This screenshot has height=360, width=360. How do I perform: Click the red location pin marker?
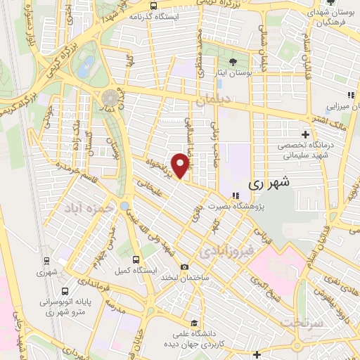[x=181, y=165]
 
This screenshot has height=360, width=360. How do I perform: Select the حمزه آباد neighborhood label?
[x=84, y=209]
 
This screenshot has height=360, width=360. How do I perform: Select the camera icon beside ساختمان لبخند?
[x=184, y=267]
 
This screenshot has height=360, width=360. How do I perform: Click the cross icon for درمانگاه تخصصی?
[x=304, y=134]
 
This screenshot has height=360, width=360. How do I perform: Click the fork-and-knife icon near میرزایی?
[x=349, y=96]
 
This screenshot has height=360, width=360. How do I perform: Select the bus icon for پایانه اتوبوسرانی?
[x=65, y=290]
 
